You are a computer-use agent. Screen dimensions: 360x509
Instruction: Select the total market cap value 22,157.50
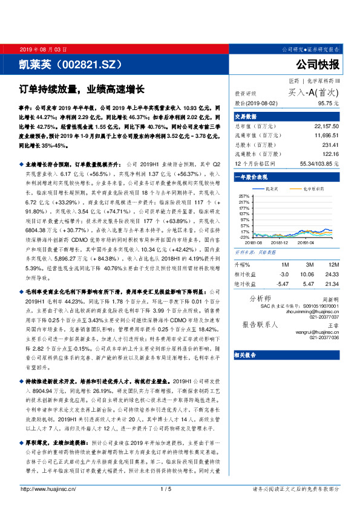tap(326, 126)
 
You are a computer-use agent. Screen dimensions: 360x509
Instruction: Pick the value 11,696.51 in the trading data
tap(326, 137)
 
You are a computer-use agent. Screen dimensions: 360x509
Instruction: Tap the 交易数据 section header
tap(247, 116)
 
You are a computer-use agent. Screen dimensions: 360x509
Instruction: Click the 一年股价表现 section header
tap(250, 177)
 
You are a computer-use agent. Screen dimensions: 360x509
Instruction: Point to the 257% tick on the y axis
tap(244, 196)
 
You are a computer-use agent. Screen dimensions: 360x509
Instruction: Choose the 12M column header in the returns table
tap(331, 264)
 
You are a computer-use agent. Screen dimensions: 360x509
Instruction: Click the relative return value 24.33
tap(330, 273)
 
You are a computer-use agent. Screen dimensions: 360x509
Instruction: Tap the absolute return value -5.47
tap(282, 283)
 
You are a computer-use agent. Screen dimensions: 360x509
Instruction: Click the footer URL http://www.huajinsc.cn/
tap(48, 488)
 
